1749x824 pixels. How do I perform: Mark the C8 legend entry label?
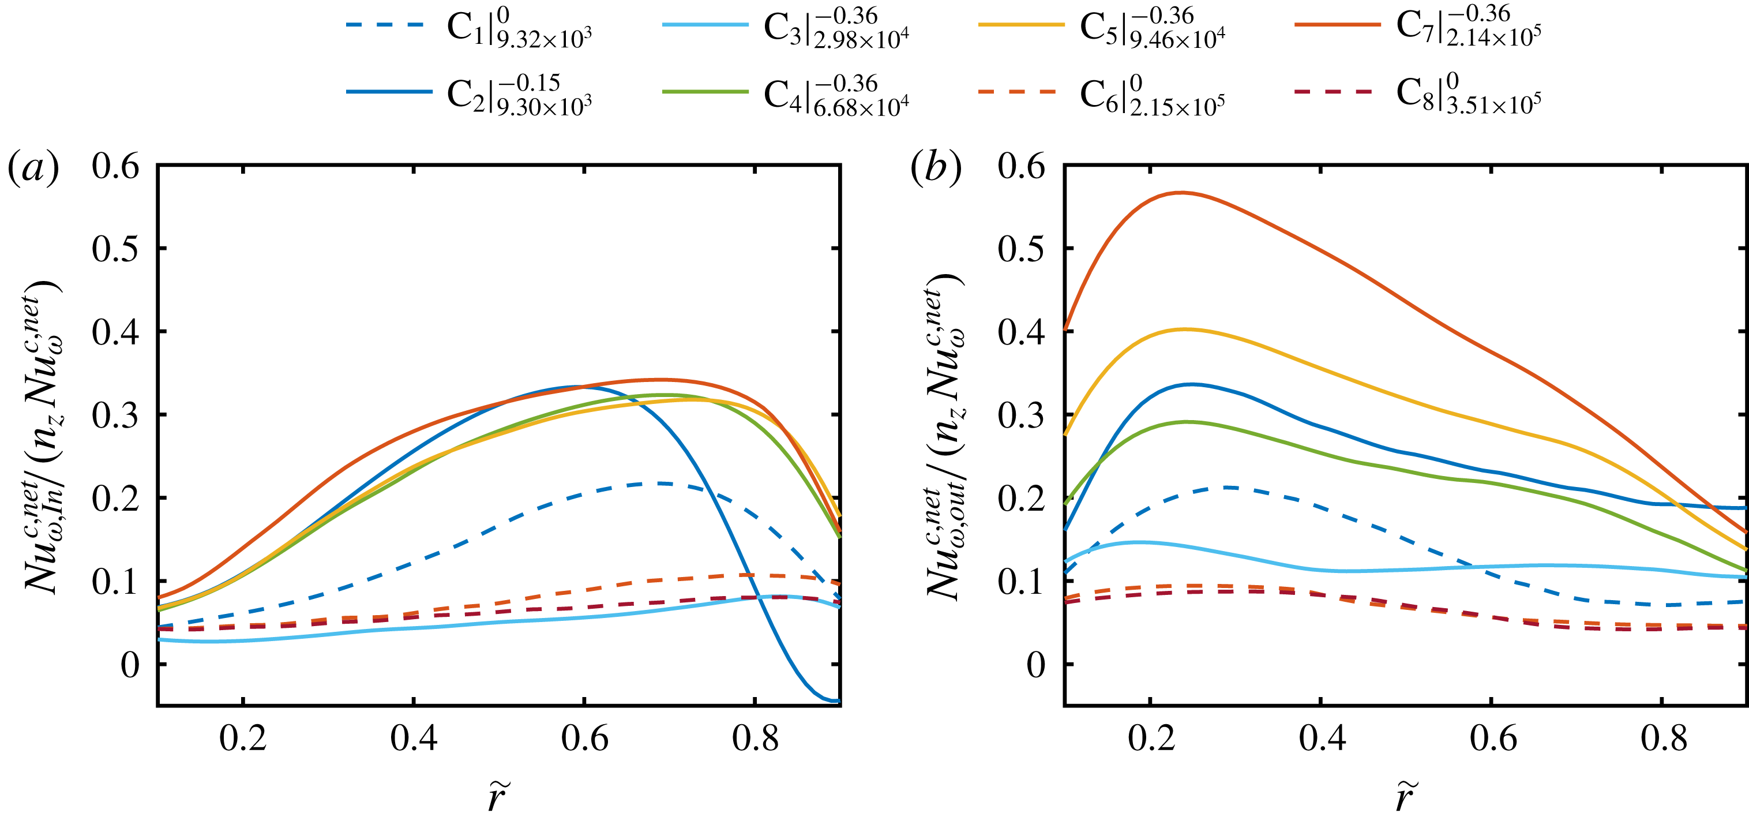pos(1469,93)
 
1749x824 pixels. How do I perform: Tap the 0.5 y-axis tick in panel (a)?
pos(115,249)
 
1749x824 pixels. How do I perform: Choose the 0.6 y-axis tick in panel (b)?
pos(1021,166)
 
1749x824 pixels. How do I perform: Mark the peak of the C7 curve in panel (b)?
pos(1182,193)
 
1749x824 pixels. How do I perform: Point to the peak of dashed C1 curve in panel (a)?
pos(659,484)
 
